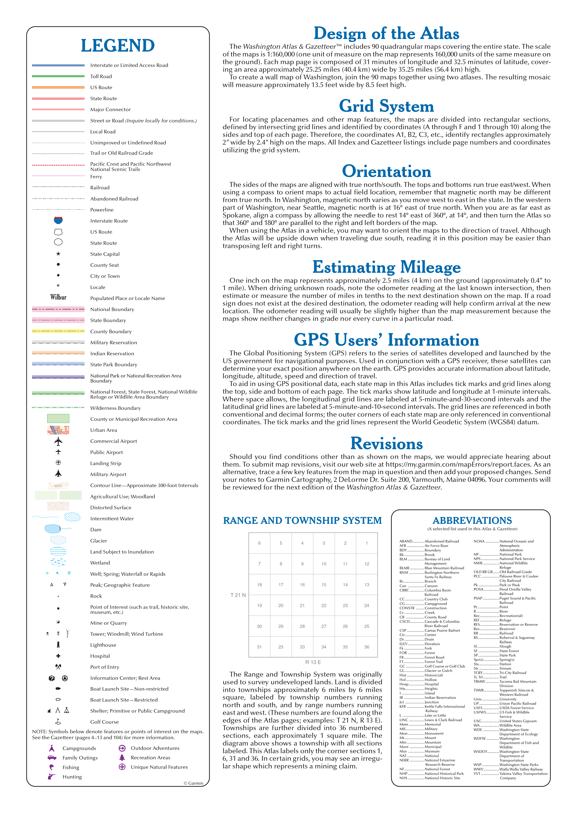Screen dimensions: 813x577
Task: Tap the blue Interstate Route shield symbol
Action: (x=58, y=220)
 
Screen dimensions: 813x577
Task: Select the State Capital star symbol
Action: (x=58, y=254)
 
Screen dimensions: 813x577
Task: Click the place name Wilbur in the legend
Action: (x=58, y=297)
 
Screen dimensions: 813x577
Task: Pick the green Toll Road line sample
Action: (x=58, y=76)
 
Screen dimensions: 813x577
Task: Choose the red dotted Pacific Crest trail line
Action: (x=58, y=165)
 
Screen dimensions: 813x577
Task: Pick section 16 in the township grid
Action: (x=302, y=585)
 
